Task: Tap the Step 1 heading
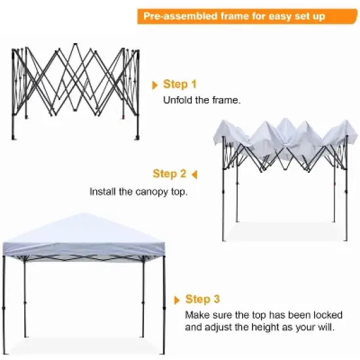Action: point(180,84)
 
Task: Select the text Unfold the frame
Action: point(202,101)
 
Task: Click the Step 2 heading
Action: point(170,173)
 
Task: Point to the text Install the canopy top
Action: point(138,192)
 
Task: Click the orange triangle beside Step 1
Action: point(155,85)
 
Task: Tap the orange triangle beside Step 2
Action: point(194,174)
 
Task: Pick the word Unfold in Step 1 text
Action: point(176,101)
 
